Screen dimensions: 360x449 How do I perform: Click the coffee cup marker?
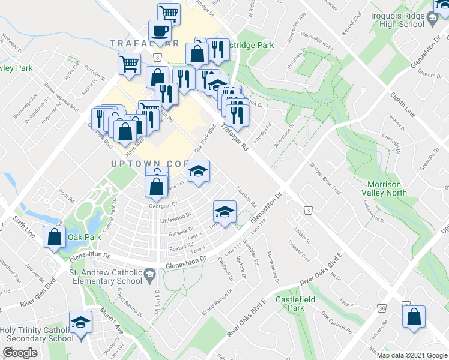pos(160,31)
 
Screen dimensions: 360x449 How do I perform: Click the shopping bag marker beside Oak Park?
pos(55,236)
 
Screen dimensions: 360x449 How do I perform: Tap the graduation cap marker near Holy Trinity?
pos(80,323)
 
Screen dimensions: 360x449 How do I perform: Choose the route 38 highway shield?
pos(381,308)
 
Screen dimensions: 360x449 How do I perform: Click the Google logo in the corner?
pos(20,353)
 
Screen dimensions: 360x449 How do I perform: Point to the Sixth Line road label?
pos(17,218)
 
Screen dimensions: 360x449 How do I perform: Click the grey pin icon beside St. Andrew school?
pos(149,276)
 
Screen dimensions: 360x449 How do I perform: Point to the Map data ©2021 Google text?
pos(412,355)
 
